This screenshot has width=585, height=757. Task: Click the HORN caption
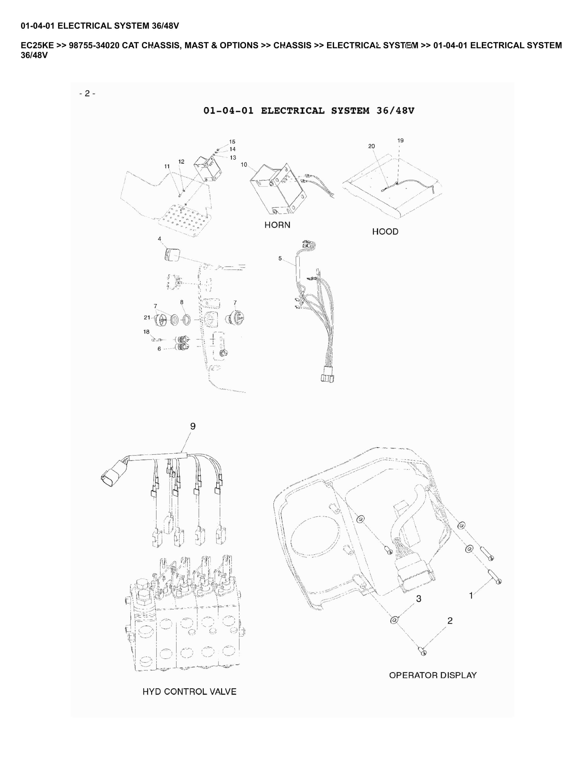[x=277, y=225]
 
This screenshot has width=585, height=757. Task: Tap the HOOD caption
[x=385, y=232]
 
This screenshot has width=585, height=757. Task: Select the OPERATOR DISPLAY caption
[x=433, y=675]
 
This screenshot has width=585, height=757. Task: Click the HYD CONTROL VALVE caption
[x=189, y=692]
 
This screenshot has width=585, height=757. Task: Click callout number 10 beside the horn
[x=244, y=165]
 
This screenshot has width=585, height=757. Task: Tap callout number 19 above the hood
[x=400, y=140]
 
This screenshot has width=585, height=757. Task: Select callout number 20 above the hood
[x=372, y=146]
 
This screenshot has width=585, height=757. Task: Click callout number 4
[x=159, y=239]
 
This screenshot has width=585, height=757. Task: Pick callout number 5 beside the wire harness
[x=280, y=259]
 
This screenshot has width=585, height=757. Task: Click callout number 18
[x=146, y=332]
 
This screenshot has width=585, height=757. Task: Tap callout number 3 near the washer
[x=419, y=599]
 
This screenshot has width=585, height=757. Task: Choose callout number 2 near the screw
[x=450, y=620]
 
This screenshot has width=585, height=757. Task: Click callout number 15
[x=232, y=142]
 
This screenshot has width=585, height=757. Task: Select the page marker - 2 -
[x=87, y=93]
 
